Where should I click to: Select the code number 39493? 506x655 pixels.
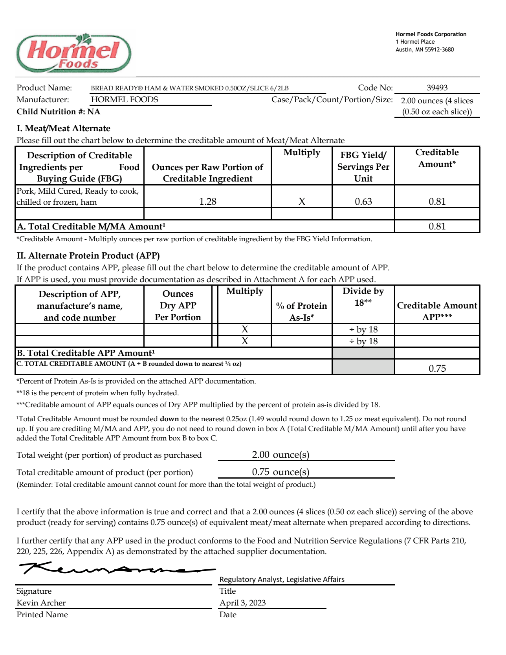[437, 88]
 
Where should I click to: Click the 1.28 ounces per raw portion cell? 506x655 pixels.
[207, 202]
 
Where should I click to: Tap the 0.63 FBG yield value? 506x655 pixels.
[363, 202]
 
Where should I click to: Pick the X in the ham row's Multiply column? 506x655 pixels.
[302, 202]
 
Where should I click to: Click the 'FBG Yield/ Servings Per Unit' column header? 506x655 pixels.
[363, 167]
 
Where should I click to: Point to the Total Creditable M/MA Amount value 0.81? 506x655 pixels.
[437, 226]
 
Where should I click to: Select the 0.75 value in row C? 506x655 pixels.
[437, 368]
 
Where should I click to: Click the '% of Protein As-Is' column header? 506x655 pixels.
[301, 311]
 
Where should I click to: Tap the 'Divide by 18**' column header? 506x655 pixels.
[363, 297]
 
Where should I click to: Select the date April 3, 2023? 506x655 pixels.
[242, 603]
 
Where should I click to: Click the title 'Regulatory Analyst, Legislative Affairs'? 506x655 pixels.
[282, 579]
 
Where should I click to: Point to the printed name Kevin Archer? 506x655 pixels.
[41, 603]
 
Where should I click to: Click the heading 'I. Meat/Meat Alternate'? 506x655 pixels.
[63, 128]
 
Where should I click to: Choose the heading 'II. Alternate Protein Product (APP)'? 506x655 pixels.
[88, 256]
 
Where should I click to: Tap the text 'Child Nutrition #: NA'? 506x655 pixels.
[58, 112]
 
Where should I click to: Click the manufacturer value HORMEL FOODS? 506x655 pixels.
[125, 99]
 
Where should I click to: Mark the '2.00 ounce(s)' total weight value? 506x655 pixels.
[280, 455]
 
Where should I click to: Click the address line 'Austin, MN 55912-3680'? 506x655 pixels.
[424, 50]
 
